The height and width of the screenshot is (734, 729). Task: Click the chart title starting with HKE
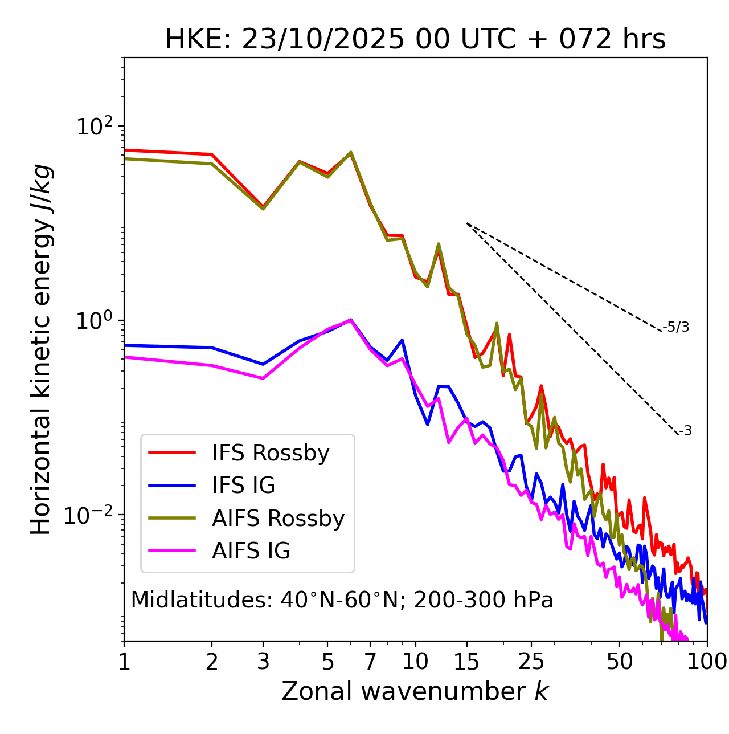415,40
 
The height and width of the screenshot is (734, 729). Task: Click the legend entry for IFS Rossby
271,453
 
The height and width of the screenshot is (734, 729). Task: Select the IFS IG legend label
243,486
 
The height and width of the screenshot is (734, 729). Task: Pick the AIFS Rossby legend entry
278,519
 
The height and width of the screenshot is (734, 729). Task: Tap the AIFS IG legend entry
251,551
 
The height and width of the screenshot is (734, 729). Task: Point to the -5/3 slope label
676,327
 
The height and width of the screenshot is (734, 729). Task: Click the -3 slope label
685,431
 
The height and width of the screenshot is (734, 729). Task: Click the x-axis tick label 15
466,662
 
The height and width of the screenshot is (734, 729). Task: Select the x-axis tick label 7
370,662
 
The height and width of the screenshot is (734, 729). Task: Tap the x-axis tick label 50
619,662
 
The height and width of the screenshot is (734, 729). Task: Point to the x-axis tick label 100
707,662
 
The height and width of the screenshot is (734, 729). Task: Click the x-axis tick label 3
263,662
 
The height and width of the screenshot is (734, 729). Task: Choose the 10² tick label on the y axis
95,126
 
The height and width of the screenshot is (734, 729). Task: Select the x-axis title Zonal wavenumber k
415,691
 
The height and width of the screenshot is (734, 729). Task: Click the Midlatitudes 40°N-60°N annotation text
342,600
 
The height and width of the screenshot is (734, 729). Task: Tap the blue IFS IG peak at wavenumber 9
402,340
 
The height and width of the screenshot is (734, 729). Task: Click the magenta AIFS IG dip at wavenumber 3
263,378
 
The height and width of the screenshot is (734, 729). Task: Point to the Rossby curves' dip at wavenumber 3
263,208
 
